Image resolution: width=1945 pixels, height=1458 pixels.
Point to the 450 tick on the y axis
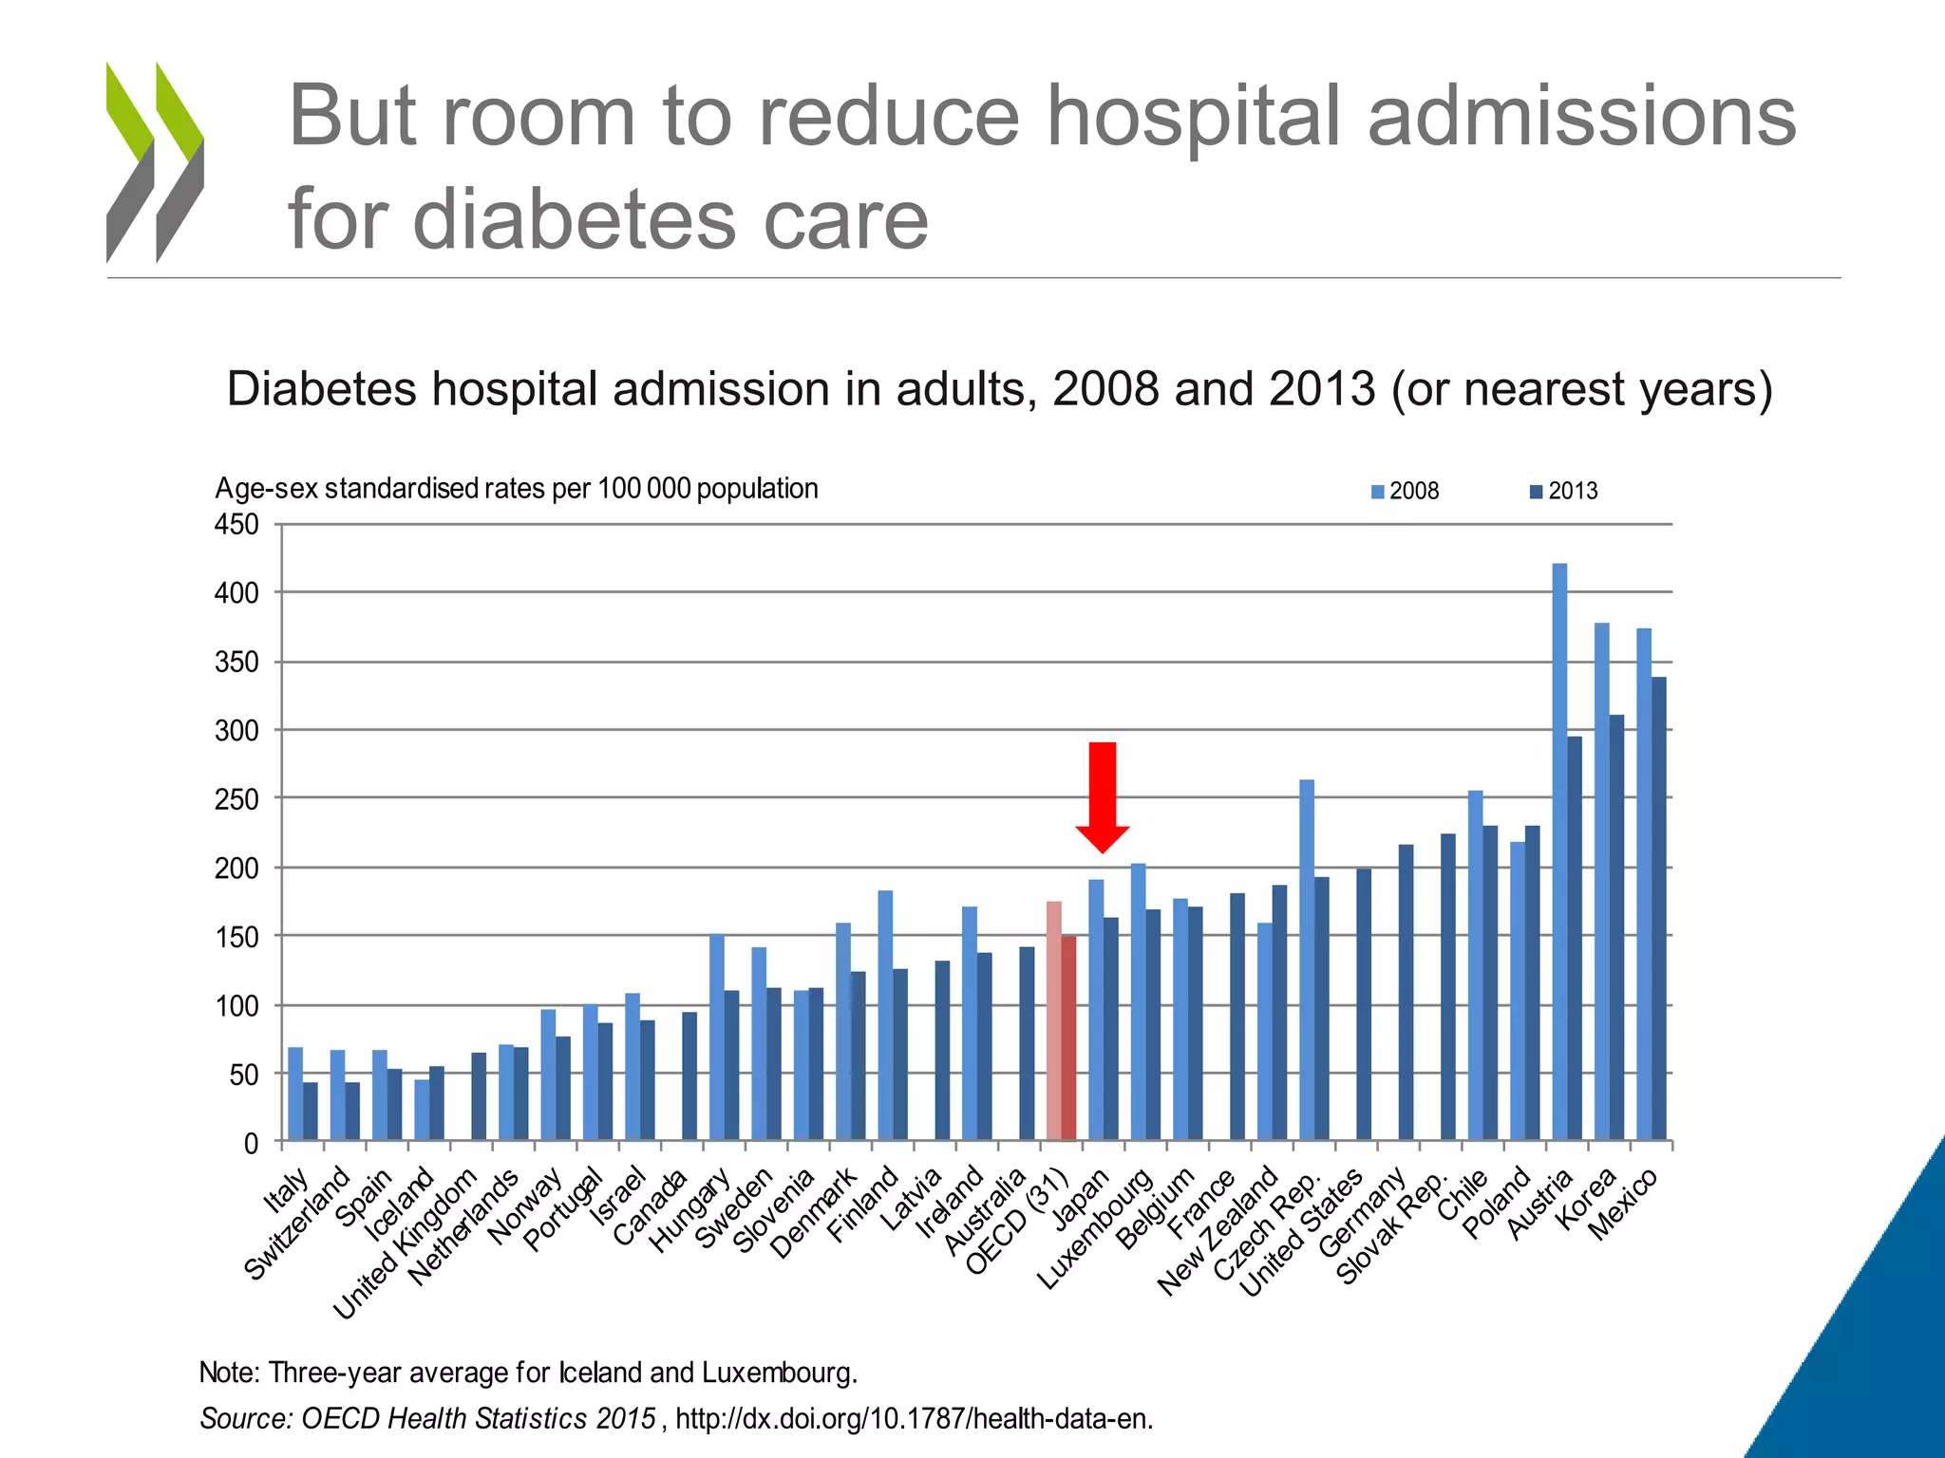click(x=236, y=524)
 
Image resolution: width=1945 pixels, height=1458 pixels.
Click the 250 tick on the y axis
click(x=236, y=799)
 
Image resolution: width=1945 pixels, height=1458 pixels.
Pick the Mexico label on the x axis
click(x=1623, y=1204)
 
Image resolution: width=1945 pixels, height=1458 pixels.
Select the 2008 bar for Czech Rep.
click(x=1306, y=959)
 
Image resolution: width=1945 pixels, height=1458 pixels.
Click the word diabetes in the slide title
click(x=576, y=219)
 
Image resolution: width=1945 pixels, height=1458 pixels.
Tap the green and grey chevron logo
click(x=155, y=162)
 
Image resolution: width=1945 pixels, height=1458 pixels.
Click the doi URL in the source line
click(x=914, y=1418)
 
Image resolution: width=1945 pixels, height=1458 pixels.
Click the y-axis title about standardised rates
click(x=516, y=489)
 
